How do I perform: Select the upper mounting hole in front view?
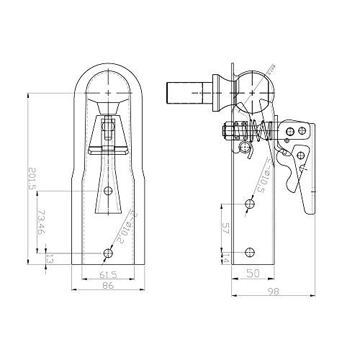pos(108,190)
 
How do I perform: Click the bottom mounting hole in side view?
pos(249,251)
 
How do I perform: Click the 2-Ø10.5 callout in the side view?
pos(265,179)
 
